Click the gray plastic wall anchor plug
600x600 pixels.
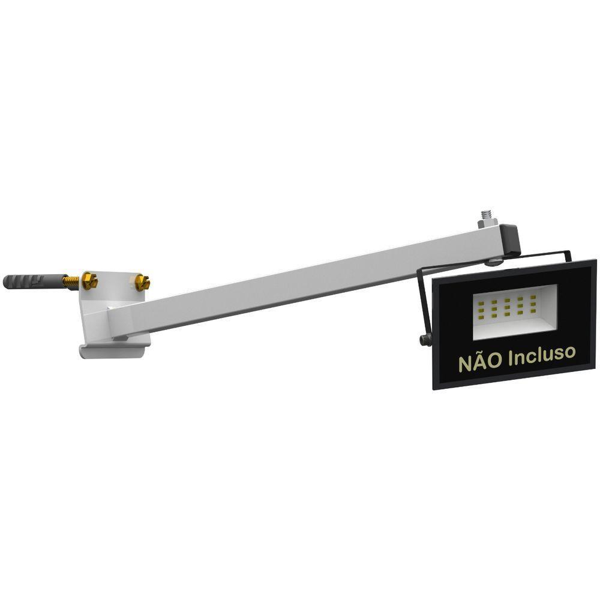point(30,281)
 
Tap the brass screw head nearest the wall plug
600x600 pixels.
point(89,280)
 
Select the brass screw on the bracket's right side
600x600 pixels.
point(142,283)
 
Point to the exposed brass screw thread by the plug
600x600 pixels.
point(71,281)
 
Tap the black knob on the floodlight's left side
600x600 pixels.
point(424,340)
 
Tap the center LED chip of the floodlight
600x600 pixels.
point(507,308)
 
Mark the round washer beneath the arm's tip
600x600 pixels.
point(495,260)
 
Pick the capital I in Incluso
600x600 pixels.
point(511,357)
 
